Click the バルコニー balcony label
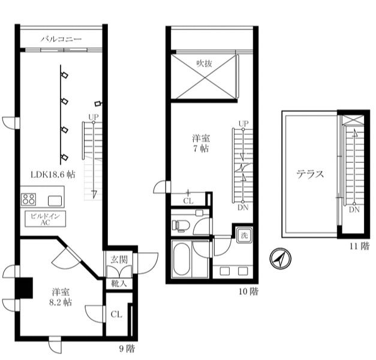point(61,40)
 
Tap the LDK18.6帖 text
point(53,174)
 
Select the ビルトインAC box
point(45,219)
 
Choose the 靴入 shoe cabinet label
point(119,283)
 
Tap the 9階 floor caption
point(127,348)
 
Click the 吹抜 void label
point(204,62)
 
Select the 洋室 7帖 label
point(201,142)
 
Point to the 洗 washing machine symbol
point(243,235)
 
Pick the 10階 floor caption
point(249,291)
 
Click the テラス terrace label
point(310,174)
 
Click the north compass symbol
point(278,259)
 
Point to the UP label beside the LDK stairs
point(94,117)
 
